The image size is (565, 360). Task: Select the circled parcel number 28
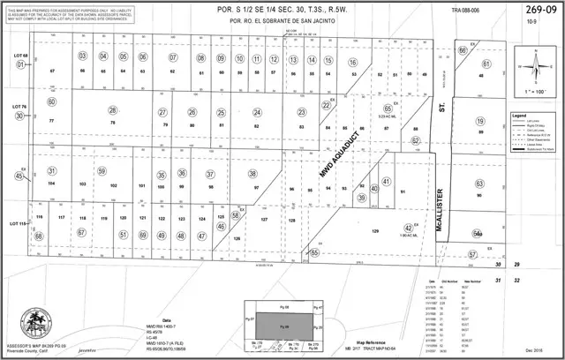(x=112, y=110)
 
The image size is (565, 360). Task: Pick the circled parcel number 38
(x=252, y=174)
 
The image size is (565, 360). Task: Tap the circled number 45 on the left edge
(x=19, y=176)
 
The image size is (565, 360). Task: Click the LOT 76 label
(x=21, y=107)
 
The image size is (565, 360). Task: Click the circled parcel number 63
(x=479, y=184)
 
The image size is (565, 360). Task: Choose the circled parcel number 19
(x=481, y=122)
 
